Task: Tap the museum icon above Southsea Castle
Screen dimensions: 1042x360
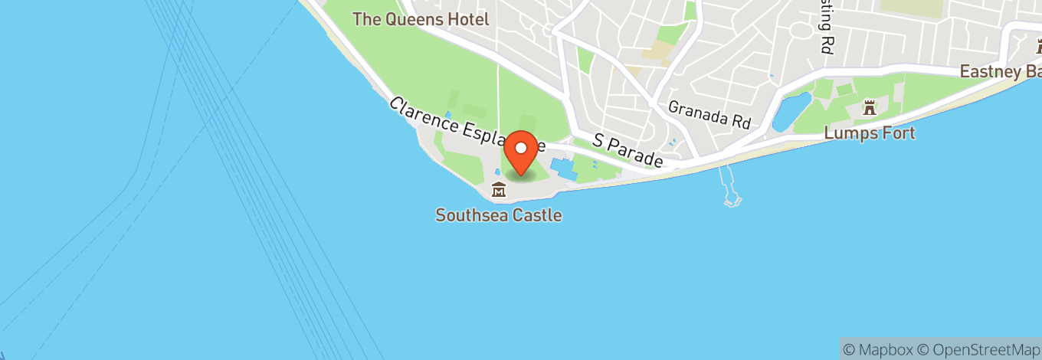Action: coord(499,189)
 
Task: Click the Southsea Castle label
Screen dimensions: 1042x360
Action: coord(499,215)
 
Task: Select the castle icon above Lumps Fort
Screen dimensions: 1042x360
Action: coord(869,108)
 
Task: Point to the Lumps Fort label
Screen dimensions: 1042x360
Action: coord(870,133)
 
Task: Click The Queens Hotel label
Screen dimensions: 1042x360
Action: coord(421,19)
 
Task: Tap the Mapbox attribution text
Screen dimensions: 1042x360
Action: coord(878,349)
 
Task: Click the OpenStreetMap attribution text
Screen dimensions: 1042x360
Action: coord(975,349)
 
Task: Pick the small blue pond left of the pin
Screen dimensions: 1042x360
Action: coord(497,172)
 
